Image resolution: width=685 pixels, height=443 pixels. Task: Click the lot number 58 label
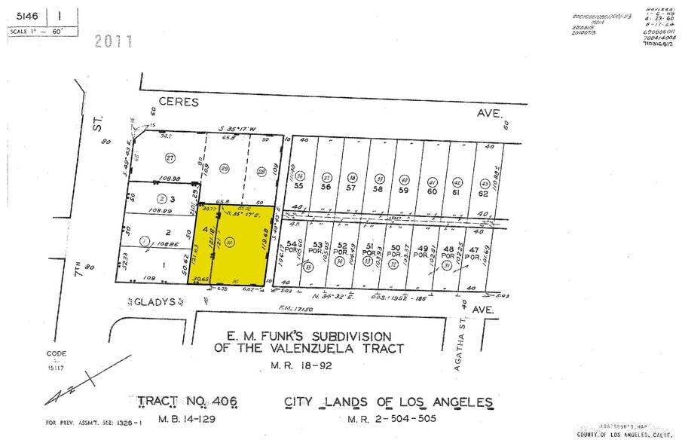(x=377, y=190)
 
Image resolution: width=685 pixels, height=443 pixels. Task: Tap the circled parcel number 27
(x=170, y=157)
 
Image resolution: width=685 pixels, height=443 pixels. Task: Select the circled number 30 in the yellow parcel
(x=230, y=242)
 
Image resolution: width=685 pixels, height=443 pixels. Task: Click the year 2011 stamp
(x=114, y=41)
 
